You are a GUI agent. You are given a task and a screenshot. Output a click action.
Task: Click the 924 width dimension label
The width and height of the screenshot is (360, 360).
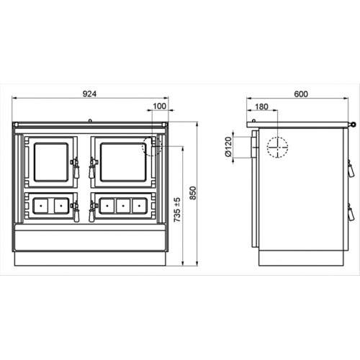coord(89,94)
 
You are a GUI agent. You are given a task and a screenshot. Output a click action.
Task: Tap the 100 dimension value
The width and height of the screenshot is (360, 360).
coord(159,106)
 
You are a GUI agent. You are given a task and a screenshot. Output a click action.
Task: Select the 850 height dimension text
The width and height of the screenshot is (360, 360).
coord(193,193)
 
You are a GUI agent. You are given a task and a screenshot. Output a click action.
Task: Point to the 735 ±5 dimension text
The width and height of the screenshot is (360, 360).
coord(177,210)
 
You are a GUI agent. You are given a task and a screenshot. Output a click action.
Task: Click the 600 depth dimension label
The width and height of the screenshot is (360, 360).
coord(301,94)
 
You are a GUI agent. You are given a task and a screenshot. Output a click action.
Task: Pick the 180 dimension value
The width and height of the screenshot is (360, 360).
coord(261,107)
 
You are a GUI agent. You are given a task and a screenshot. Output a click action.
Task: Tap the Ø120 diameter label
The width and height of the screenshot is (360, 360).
coord(229,147)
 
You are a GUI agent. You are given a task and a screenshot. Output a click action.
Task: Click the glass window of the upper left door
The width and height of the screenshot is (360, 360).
coord(51,162)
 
